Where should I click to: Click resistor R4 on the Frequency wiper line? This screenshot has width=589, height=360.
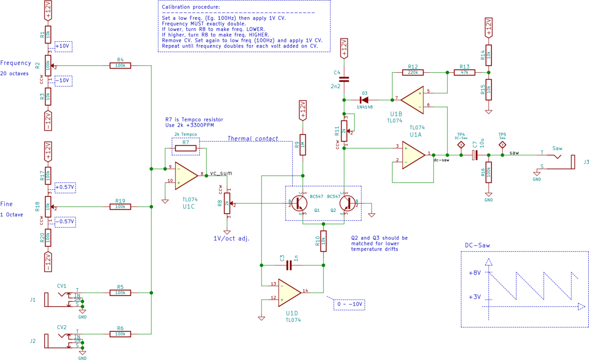tap(120, 66)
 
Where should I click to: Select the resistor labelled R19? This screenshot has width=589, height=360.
tap(120, 206)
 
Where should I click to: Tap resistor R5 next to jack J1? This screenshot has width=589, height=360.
tap(120, 292)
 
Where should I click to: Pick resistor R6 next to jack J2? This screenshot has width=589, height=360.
tap(120, 334)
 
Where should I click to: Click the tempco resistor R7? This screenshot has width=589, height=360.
tap(185, 148)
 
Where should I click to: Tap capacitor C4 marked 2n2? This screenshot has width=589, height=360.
tap(344, 79)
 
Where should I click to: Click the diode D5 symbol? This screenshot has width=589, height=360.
tap(364, 100)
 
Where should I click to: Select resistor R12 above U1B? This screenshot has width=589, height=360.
tap(413, 72)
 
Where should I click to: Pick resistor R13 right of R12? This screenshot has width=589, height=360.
tap(465, 72)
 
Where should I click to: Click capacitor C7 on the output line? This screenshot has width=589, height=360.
tap(474, 155)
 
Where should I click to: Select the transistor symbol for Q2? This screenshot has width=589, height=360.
tap(346, 203)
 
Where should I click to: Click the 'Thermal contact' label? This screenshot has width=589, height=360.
tap(252, 139)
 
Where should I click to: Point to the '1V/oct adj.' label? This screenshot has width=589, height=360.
tap(231, 238)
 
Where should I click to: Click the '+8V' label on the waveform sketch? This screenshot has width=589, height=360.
tap(475, 273)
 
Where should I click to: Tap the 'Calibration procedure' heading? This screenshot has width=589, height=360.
tap(191, 7)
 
